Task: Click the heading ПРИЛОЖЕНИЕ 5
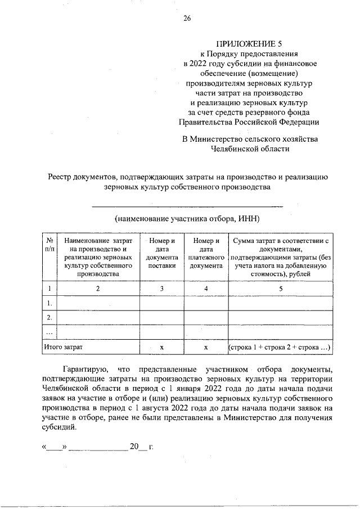click(x=250, y=43)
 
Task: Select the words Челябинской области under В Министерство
click(x=250, y=149)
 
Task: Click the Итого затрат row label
click(x=67, y=348)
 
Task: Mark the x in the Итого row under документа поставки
click(x=162, y=348)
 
